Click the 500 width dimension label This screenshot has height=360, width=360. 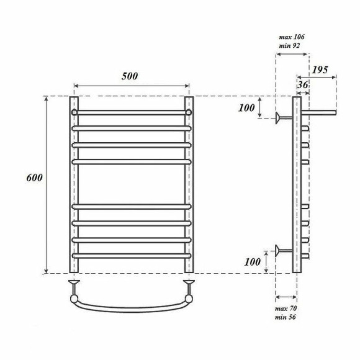point(130,76)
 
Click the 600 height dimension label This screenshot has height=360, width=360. point(34,178)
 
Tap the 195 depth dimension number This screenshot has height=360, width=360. point(320,70)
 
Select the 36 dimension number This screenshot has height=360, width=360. point(303,85)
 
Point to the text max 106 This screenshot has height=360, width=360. point(292,37)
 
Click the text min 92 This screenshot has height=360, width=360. point(289,46)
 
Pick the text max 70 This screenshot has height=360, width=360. point(286,308)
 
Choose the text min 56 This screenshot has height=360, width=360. point(286,317)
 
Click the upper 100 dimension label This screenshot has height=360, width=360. point(246,108)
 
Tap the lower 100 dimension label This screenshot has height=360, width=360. point(253,262)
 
